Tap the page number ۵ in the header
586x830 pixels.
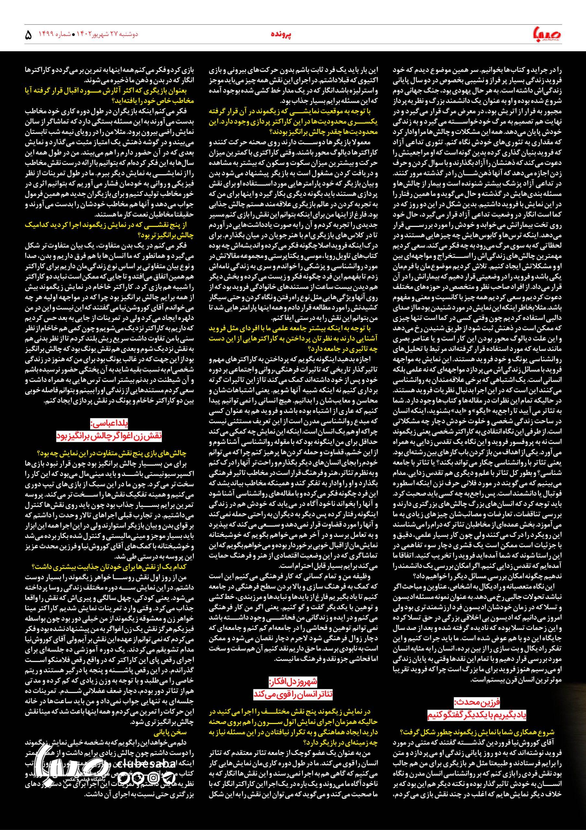click(x=28, y=35)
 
